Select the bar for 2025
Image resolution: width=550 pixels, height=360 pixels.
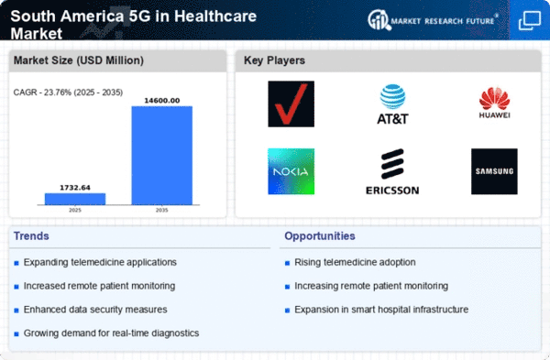tap(75, 198)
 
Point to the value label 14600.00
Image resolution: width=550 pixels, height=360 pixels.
tap(161, 100)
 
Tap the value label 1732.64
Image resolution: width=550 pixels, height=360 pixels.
tap(75, 187)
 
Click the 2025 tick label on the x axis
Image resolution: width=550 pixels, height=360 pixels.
tap(75, 209)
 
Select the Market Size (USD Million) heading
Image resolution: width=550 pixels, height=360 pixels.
tap(76, 61)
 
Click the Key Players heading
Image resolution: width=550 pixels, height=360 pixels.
tap(274, 61)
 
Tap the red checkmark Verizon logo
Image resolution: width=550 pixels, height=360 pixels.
tap(291, 104)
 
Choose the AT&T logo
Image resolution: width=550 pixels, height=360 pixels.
tap(392, 104)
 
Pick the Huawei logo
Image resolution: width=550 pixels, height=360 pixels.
tap(494, 104)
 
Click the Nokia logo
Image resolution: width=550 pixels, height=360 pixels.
tap(291, 171)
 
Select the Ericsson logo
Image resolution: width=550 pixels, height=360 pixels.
tap(392, 171)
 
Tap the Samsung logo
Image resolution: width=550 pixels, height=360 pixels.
tap(494, 171)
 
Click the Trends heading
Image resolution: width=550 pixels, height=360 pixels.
tap(33, 236)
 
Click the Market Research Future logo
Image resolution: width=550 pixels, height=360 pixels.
tap(438, 19)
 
